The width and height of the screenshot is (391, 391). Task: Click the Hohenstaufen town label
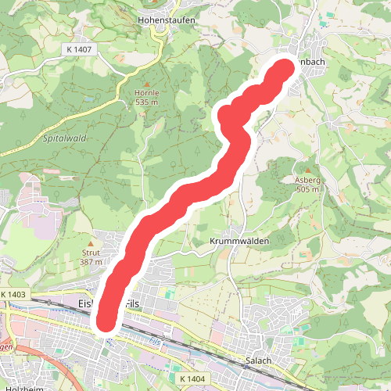click(166, 20)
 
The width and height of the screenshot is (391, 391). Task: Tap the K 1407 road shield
click(79, 49)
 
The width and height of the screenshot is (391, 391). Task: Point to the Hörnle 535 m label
click(147, 97)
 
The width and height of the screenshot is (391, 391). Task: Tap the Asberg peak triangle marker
click(308, 170)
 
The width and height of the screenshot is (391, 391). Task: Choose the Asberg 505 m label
click(308, 185)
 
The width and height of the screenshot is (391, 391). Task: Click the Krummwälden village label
click(239, 242)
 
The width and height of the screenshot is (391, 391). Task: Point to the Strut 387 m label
click(91, 257)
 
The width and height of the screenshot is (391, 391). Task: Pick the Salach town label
click(257, 360)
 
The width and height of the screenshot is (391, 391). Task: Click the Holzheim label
click(22, 388)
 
